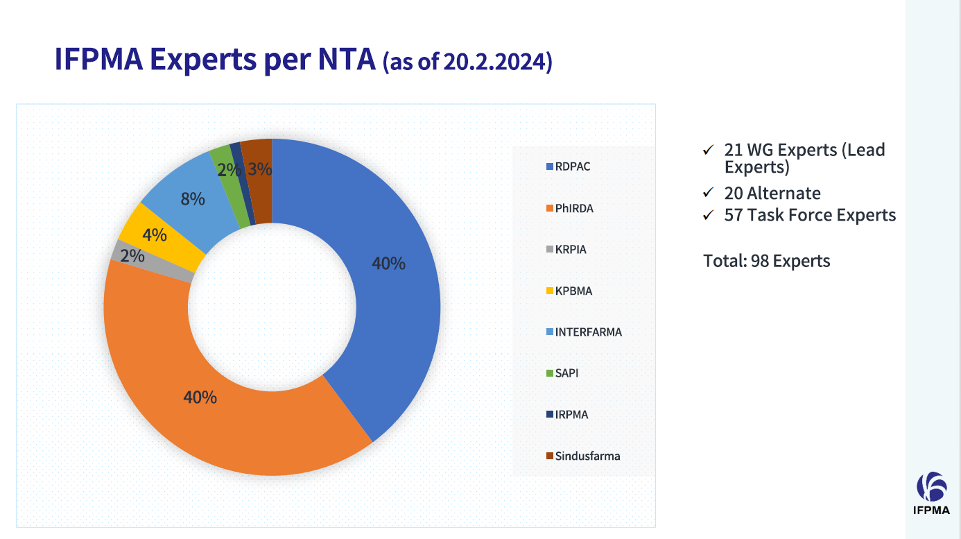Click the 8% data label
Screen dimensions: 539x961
click(193, 199)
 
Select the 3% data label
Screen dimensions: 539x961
click(259, 169)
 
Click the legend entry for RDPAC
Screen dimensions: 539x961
click(572, 166)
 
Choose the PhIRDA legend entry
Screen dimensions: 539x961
click(573, 208)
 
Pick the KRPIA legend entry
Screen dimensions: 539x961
click(570, 249)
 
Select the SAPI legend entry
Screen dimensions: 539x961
click(566, 373)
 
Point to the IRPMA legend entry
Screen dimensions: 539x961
click(571, 415)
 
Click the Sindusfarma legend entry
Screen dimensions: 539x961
click(587, 456)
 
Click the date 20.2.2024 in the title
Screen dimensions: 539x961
click(496, 62)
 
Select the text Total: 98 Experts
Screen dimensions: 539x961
click(766, 261)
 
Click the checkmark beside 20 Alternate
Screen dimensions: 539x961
click(708, 193)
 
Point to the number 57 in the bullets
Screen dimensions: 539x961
click(734, 215)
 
